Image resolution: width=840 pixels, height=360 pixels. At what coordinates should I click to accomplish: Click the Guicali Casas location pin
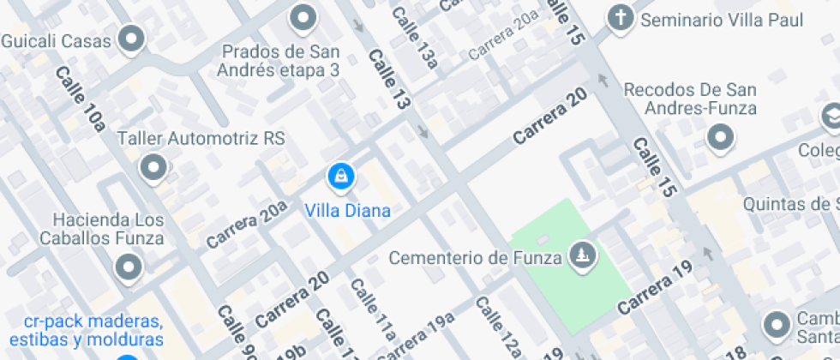coord(131,39)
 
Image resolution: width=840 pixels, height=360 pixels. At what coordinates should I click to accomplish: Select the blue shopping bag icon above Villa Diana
coord(341,177)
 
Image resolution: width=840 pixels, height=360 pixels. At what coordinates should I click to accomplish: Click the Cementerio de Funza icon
coord(583,255)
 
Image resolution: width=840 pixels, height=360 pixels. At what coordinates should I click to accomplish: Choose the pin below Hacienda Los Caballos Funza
coord(129,267)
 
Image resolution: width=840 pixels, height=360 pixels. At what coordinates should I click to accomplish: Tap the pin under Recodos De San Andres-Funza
coord(721,137)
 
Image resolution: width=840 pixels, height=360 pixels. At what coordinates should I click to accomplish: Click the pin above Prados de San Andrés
coord(302,16)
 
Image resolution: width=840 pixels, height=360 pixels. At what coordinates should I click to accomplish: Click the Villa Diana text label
coord(348,211)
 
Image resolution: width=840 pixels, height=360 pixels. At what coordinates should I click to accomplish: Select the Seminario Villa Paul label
coord(728,18)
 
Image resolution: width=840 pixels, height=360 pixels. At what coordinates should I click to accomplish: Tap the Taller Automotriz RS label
coord(201,138)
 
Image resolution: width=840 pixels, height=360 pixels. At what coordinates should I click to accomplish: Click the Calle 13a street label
coord(416,38)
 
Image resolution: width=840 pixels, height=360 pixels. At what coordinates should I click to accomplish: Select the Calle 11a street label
coord(374,309)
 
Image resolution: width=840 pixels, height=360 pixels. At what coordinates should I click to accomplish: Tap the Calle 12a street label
coord(497,327)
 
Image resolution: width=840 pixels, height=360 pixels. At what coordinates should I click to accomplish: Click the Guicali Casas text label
coord(57,40)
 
